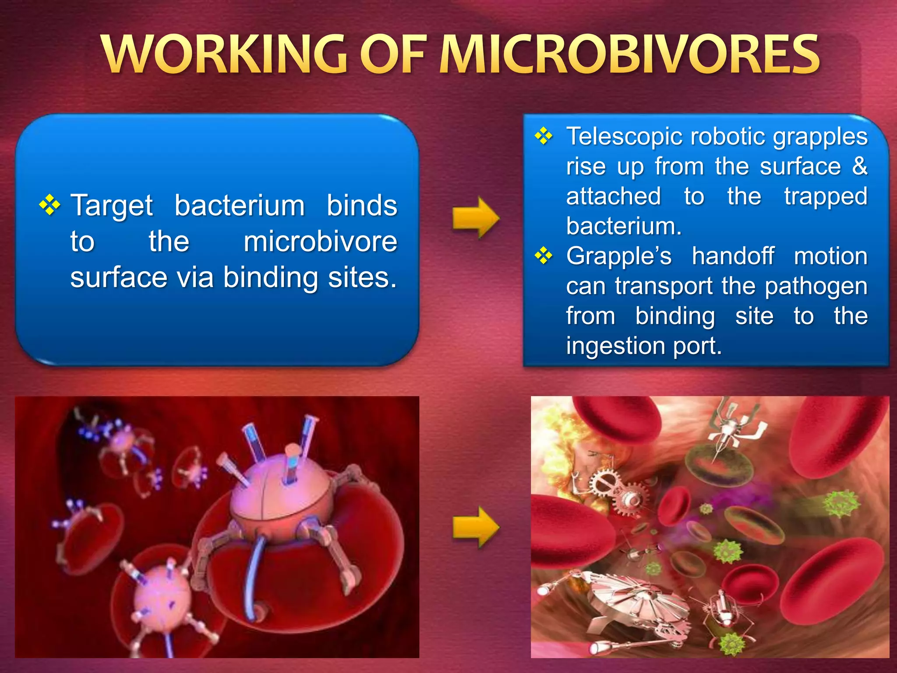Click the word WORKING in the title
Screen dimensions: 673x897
coord(226,55)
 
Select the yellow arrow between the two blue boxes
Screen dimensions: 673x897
coord(476,218)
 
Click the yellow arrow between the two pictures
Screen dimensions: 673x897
coord(476,527)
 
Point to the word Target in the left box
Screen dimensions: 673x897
coord(112,206)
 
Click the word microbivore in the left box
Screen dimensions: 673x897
coord(320,242)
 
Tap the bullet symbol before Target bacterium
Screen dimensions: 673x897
coord(49,205)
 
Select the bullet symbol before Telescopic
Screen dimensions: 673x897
coord(544,136)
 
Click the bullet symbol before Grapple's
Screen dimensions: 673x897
coord(544,255)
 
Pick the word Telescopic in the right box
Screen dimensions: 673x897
coord(624,137)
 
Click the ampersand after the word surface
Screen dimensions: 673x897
coord(860,166)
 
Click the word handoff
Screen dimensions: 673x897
coord(733,256)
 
